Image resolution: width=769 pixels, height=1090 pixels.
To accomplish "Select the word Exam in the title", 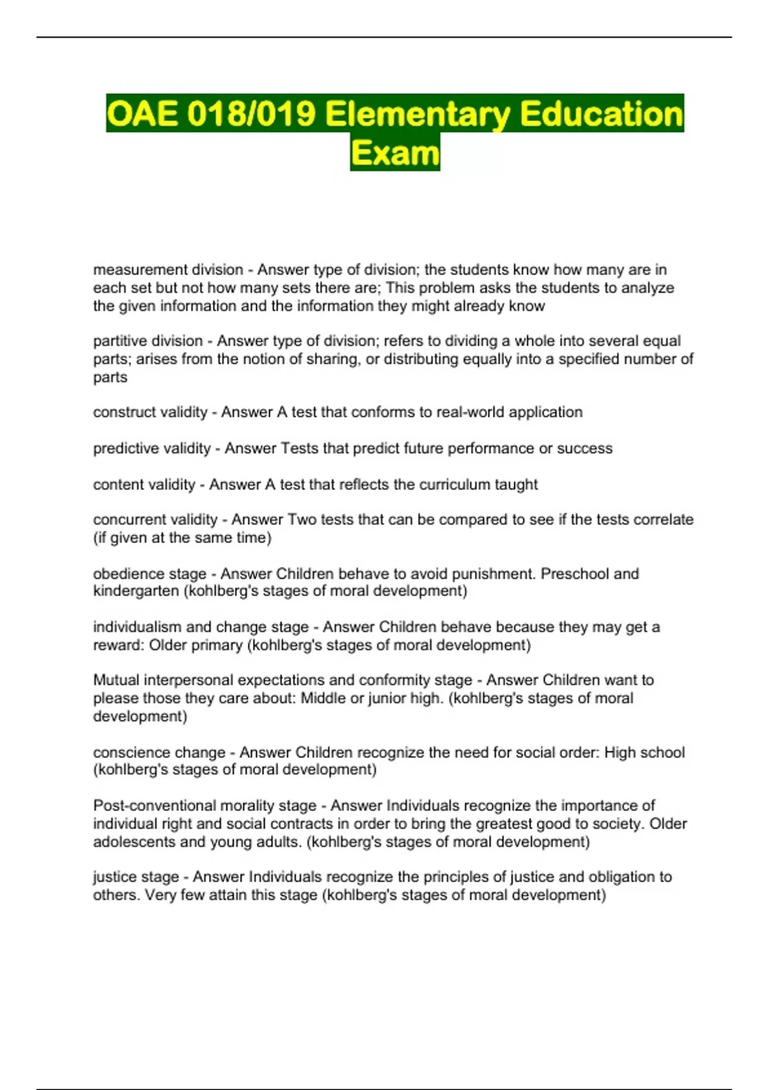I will pyautogui.click(x=395, y=153).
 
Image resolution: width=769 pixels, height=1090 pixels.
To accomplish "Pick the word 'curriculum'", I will pyautogui.click(x=454, y=485).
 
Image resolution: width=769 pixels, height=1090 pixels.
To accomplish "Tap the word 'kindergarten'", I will pyautogui.click(x=136, y=591).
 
